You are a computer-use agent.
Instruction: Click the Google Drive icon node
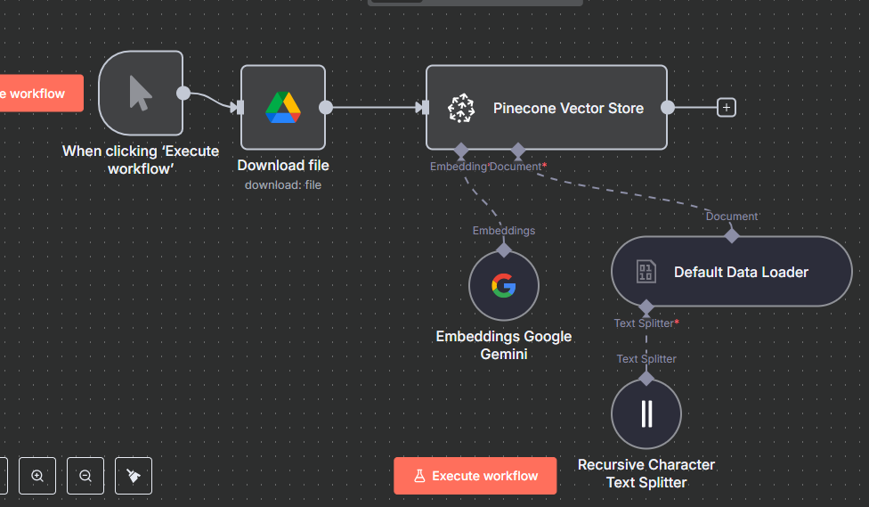283,107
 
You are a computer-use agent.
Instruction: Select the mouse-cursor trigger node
141,93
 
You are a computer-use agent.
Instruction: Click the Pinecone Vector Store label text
568,108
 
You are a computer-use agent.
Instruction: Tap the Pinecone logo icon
461,108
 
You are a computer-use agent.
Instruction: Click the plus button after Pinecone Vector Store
727,108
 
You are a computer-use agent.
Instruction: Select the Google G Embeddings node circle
504,286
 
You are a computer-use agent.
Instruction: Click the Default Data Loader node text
741,272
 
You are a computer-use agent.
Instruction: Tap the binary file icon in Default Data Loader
646,272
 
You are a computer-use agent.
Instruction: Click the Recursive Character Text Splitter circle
646,414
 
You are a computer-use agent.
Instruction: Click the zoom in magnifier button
37,476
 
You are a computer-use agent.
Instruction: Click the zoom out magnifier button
85,476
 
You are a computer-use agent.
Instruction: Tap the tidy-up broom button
134,476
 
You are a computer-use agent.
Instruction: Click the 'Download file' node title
283,166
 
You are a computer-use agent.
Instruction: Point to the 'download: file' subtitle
283,184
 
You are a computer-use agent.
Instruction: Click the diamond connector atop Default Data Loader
732,235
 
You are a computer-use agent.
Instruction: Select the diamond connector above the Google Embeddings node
504,249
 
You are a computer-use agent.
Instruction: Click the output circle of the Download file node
326,107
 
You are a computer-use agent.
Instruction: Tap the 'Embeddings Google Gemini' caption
504,345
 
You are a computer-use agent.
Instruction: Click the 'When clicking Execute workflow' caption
141,159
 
